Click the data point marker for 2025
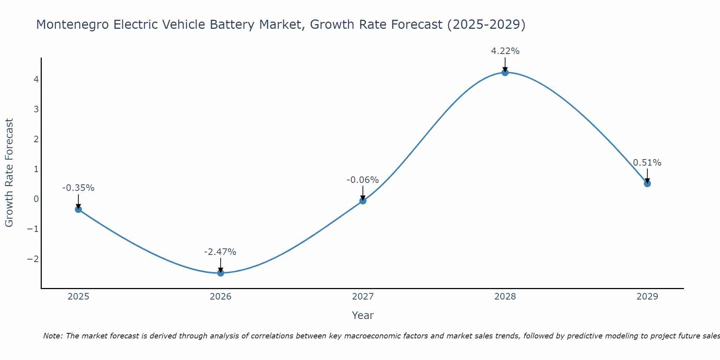coord(78,209)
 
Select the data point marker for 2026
coord(221,273)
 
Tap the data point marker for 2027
coord(363,201)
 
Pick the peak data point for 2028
coord(505,72)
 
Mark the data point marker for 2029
coord(647,184)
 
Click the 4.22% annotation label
coord(505,51)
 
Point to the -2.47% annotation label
coord(220,252)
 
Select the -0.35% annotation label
coord(78,188)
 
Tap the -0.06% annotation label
coord(363,180)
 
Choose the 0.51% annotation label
coord(647,163)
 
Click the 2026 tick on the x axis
coord(221,297)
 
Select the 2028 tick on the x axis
coord(505,297)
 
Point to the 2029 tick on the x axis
coord(647,297)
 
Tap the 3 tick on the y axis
coord(36,109)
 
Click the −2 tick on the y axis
coord(33,259)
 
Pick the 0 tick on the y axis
coord(36,199)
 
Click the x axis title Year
coord(363,315)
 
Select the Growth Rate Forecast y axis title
coord(9,172)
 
